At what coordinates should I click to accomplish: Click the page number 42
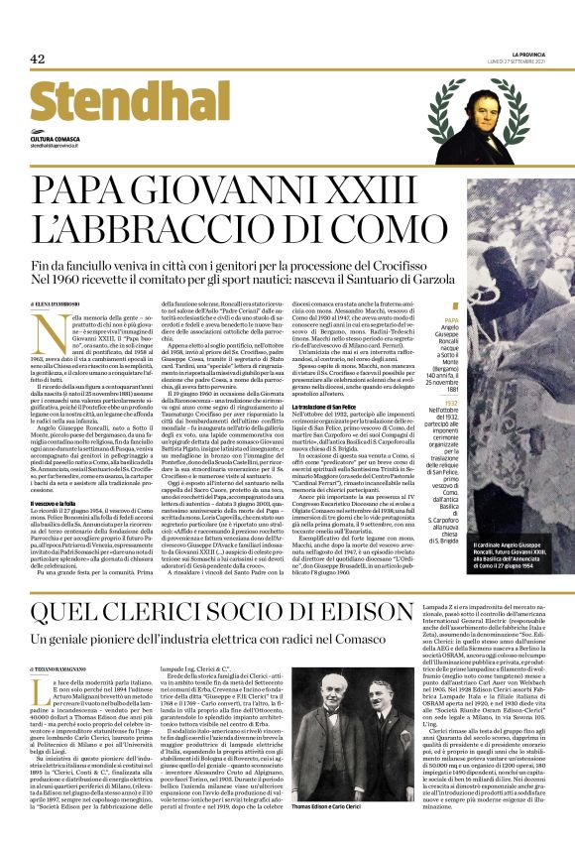coord(38,59)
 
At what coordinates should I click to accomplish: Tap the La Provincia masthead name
coord(528,54)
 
